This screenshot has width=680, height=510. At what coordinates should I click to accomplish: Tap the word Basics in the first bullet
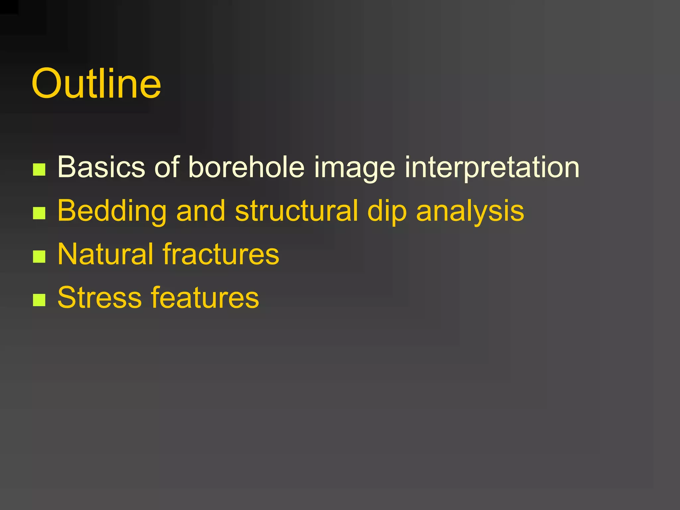101,167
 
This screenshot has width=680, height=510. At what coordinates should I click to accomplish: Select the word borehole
246,167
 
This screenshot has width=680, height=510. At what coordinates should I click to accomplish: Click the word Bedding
112,211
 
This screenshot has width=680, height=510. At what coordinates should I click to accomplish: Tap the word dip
387,211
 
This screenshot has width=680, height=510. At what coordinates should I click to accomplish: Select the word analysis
470,211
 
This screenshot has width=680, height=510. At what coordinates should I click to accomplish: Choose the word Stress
100,297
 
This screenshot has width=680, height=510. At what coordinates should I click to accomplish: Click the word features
205,297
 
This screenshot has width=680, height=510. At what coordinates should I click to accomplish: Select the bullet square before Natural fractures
39,256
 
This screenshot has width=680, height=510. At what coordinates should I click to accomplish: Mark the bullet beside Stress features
39,300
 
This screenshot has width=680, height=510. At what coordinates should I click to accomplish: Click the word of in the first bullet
167,167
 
